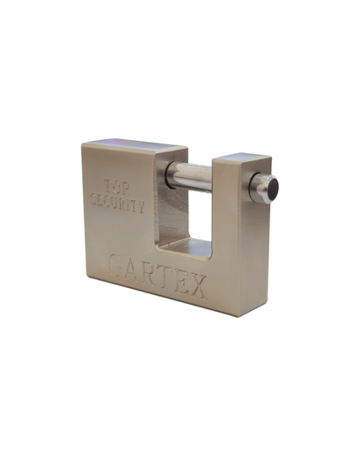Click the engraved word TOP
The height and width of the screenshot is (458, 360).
(x=117, y=187)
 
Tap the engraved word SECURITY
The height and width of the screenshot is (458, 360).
(x=118, y=203)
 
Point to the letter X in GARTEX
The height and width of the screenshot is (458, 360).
(x=198, y=286)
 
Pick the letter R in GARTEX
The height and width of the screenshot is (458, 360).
(x=149, y=276)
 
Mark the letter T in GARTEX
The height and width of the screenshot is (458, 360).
(x=165, y=279)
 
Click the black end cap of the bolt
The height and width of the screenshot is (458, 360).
(x=273, y=188)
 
